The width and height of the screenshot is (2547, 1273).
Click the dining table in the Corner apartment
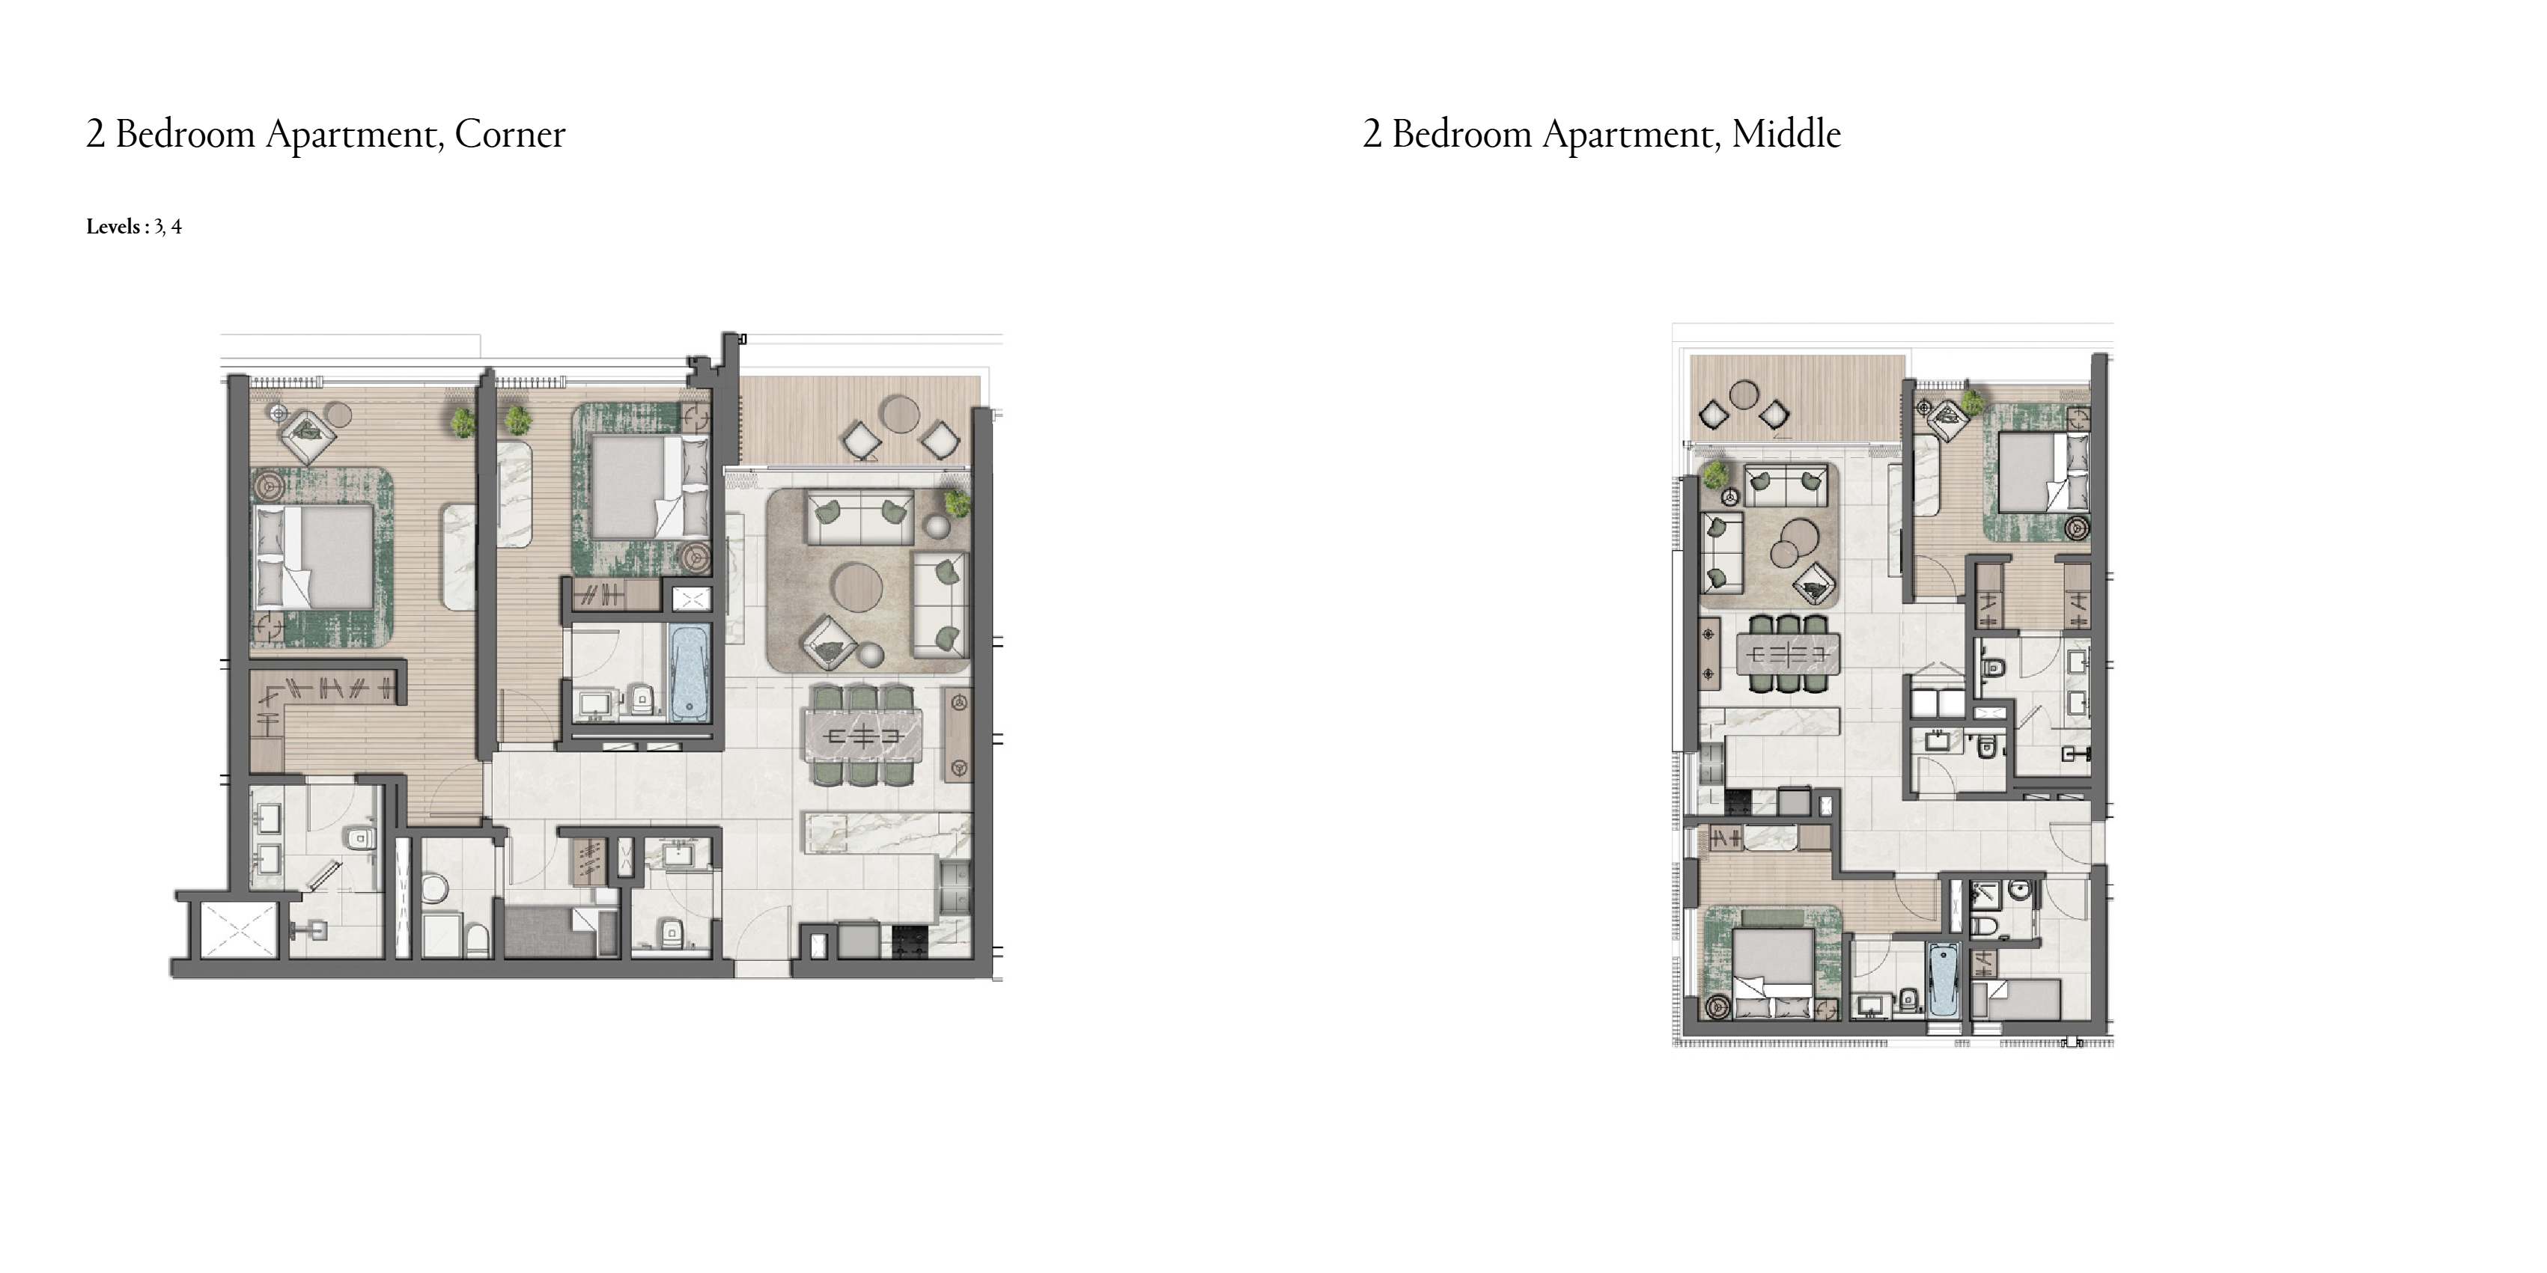click(x=863, y=736)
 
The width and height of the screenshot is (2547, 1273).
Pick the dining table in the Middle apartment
click(x=1788, y=654)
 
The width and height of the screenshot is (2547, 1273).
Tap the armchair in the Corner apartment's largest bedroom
click(x=308, y=431)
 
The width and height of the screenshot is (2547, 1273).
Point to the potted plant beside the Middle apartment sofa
click(x=1714, y=475)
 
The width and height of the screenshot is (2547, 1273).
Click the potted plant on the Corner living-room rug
click(x=957, y=504)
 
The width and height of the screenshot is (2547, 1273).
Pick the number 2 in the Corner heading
click(x=95, y=133)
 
